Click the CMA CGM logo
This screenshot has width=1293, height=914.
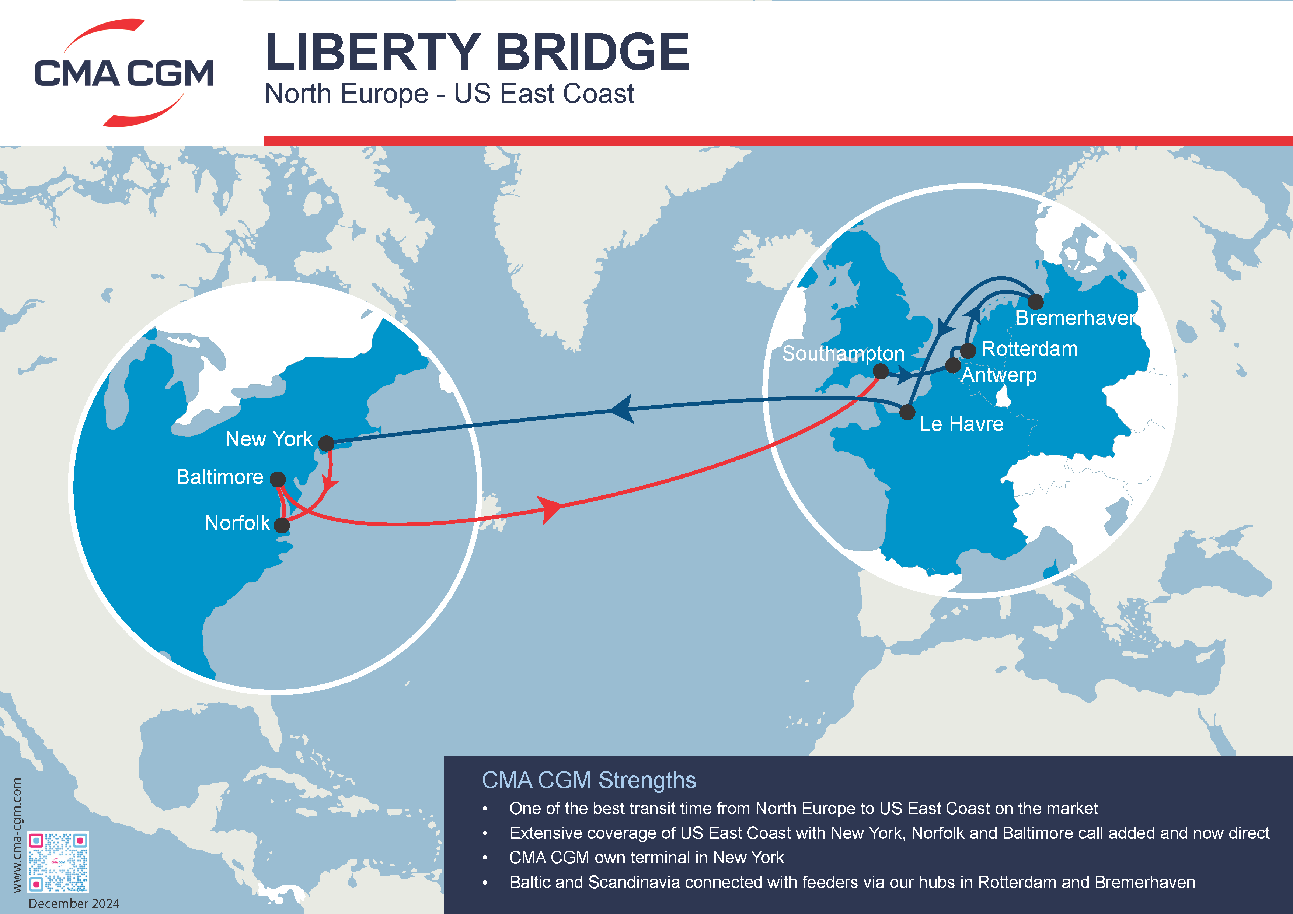pos(124,73)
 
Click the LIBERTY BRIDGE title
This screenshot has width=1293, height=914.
pos(477,52)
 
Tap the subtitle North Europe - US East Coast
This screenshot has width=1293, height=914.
pos(449,94)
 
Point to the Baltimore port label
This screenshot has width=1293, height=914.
pos(220,477)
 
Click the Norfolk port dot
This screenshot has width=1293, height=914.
pos(282,525)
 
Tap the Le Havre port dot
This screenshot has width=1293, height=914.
pos(907,412)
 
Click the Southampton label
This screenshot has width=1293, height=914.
pos(843,353)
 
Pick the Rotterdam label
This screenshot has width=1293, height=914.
pos(1029,349)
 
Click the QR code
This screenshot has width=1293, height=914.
pos(58,862)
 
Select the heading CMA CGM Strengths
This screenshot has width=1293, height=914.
pos(589,780)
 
